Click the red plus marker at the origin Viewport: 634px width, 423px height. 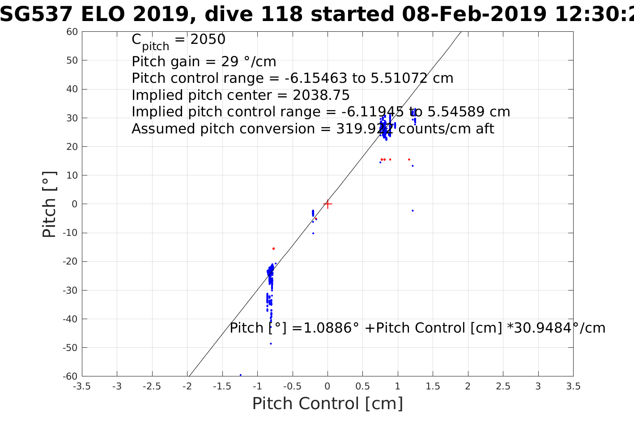point(328,204)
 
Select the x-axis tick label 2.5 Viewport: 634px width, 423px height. point(503,386)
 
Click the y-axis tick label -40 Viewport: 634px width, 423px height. point(71,319)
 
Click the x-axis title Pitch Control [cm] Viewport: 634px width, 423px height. point(328,404)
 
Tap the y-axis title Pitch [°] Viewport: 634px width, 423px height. point(49,204)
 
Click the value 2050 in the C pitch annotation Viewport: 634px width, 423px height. point(208,40)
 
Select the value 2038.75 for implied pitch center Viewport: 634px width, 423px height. point(321,95)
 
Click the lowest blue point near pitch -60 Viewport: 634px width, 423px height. point(241,375)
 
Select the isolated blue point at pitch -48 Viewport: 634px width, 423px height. point(271,344)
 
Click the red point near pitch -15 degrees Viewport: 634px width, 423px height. point(273,248)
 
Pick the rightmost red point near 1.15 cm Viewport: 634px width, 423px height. point(409,159)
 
